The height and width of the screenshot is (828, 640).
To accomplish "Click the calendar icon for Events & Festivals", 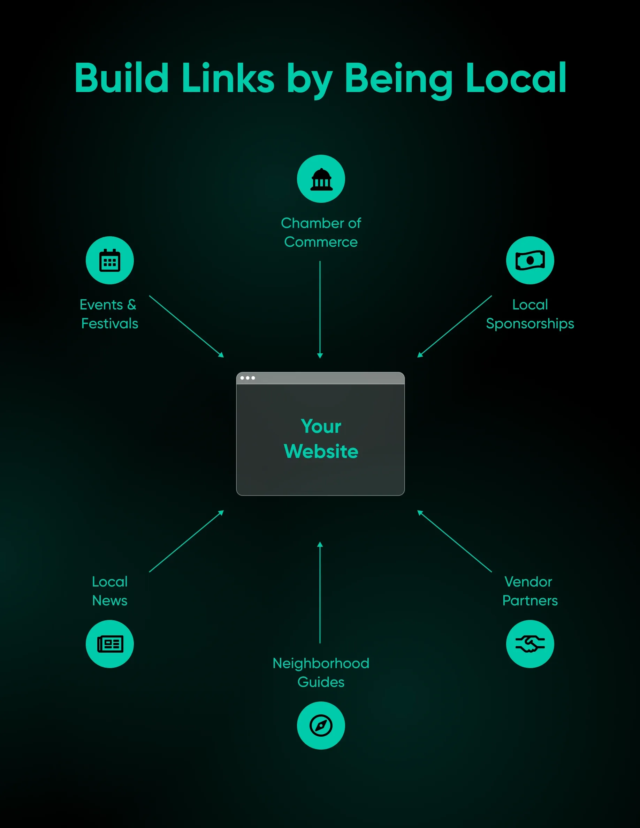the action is coord(109,260).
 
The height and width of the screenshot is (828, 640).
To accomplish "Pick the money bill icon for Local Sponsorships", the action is coord(530,260).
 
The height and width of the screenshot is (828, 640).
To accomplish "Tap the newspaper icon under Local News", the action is coord(109,644).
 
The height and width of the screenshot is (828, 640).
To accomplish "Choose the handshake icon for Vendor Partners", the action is coord(530,644).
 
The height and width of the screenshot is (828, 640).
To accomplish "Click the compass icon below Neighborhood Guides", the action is coord(321,726).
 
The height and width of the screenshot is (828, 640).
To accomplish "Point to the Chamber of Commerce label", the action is coord(321,232).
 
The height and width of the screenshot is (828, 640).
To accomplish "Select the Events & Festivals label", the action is coord(109,314).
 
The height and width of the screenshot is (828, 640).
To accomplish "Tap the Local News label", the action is coord(110,591).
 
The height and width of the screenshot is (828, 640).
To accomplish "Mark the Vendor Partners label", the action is coord(530,591).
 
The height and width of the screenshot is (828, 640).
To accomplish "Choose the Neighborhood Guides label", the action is coord(321,673).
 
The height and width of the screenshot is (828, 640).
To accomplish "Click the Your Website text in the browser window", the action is coord(321,439).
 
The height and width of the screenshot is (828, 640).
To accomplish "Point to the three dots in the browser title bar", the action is coord(247,378).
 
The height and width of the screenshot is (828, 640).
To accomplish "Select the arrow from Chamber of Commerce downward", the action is coord(320,309).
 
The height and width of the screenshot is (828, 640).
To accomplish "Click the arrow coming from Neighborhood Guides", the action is coord(320,592).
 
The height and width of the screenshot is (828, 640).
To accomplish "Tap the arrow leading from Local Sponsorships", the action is coord(455,327).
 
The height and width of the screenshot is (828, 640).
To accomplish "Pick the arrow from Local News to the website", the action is coord(186,541).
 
